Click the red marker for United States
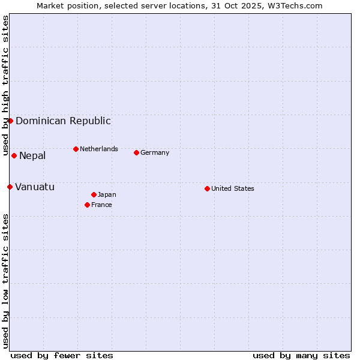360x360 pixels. pos(207,188)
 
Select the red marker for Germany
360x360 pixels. pos(136,152)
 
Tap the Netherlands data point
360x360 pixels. pos(76,149)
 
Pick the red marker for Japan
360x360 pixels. pos(94,194)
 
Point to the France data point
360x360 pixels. pos(87,205)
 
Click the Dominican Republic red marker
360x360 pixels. pos(10,121)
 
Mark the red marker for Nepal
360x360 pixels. pos(14,155)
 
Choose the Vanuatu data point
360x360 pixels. pos(10,187)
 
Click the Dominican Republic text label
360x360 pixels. pos(63,121)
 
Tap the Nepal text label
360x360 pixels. pos(32,156)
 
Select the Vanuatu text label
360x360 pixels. pos(35,187)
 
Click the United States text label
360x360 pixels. pos(233,188)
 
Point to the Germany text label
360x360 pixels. pos(155,152)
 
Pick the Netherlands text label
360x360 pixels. pos(99,149)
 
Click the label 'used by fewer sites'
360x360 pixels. pos(62,355)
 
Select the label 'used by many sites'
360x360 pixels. pos(301,355)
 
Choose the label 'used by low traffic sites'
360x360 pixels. pos(5,281)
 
